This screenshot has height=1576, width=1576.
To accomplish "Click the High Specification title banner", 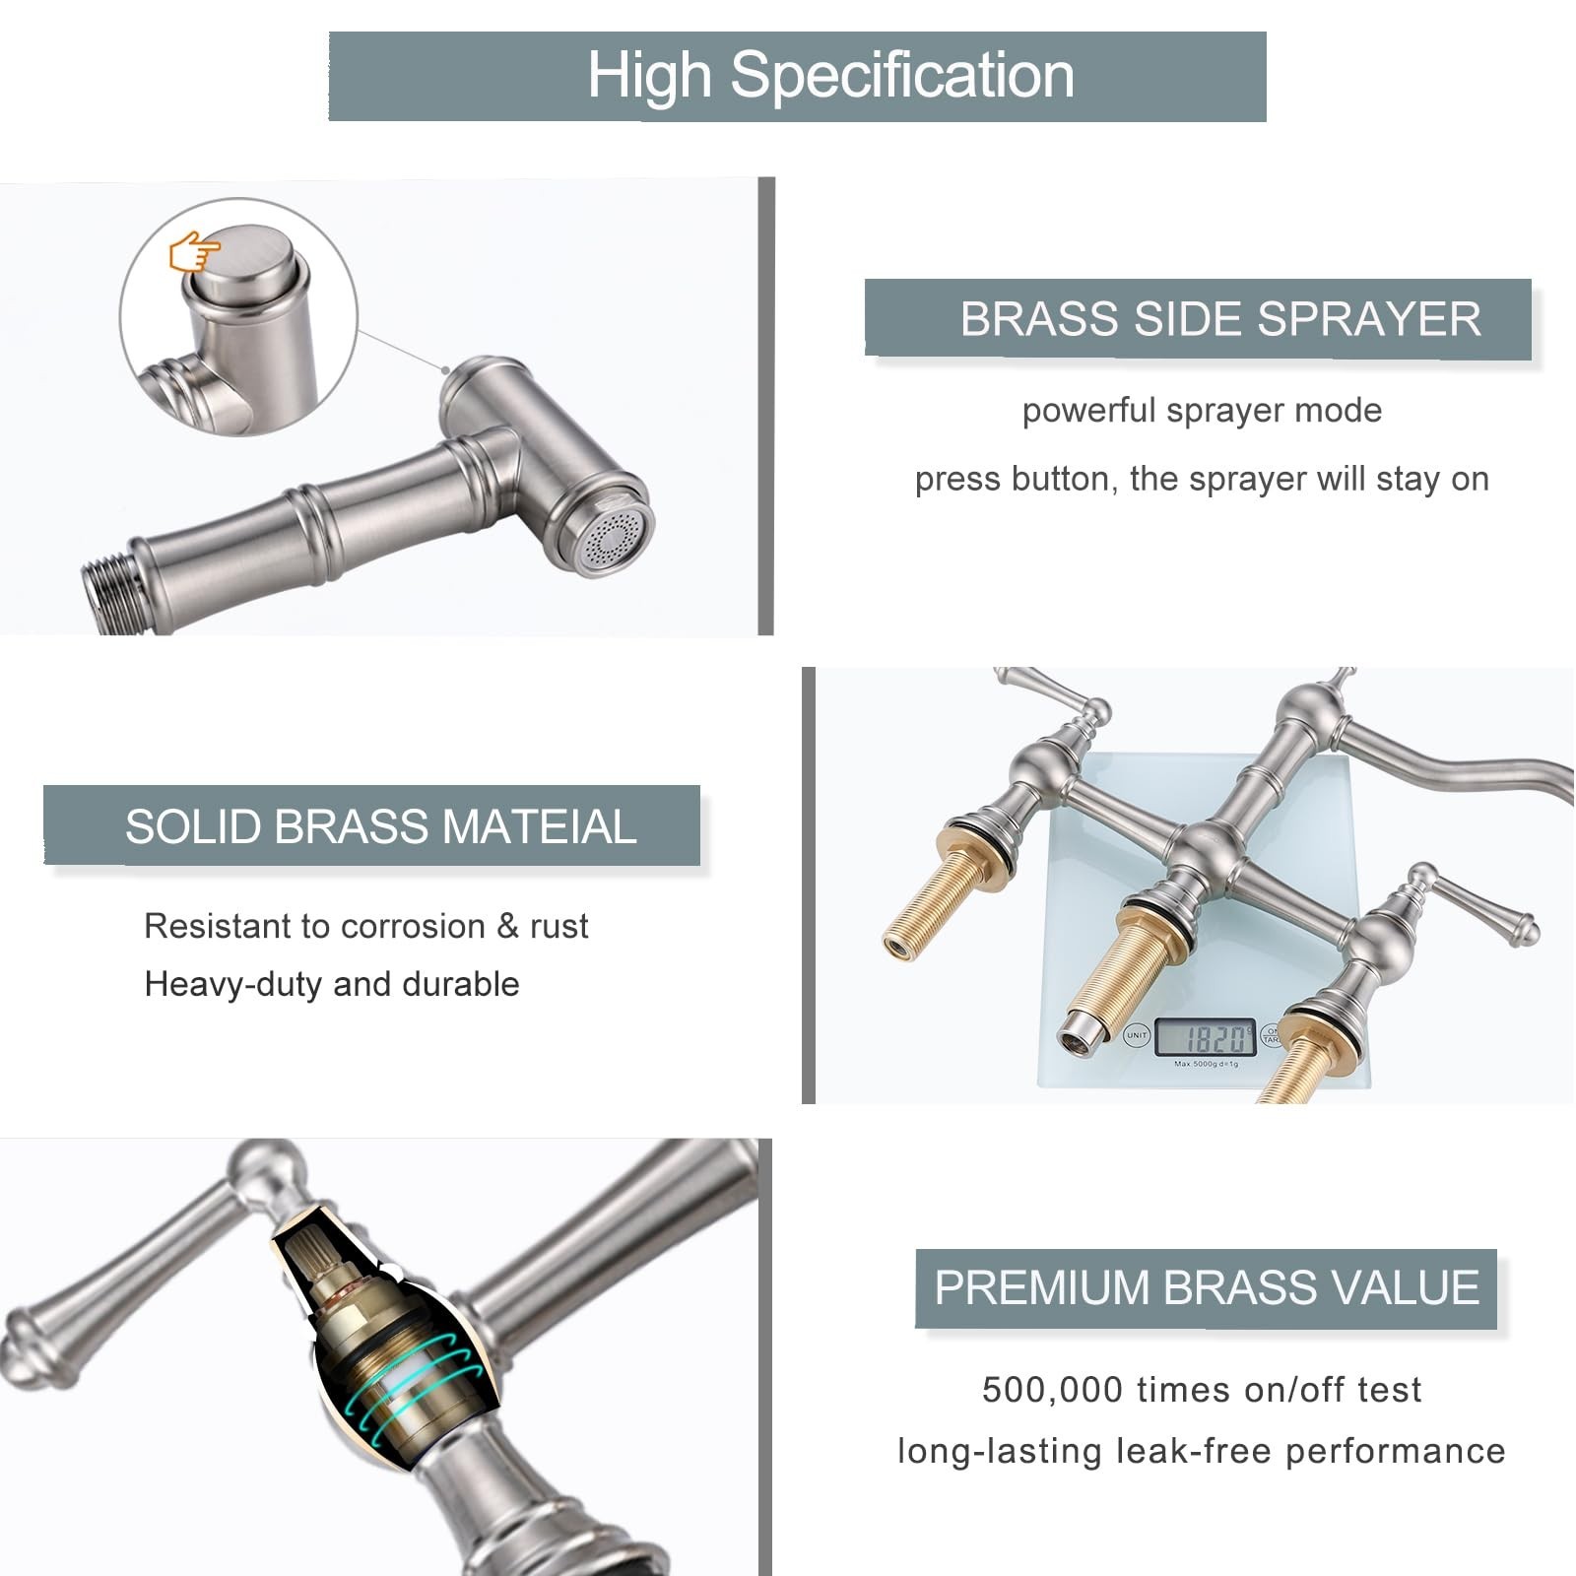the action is pos(797,76).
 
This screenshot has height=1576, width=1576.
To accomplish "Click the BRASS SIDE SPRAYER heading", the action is pos(1220,319).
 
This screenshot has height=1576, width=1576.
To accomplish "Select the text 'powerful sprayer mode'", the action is pos(1202,411).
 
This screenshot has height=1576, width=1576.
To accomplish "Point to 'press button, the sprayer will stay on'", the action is pos(1202,479).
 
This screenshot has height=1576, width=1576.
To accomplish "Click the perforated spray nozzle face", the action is pos(615,538).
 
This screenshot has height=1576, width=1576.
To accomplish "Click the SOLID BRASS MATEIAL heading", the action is pos(381,826).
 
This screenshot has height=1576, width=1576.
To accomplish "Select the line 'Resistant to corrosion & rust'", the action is pos(366,926).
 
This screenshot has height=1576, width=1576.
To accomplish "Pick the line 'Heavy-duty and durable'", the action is pos(332,984).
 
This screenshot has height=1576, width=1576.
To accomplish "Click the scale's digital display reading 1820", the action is pos(1206,1037).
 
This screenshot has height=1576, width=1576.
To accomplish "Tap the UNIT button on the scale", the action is pos(1137,1035).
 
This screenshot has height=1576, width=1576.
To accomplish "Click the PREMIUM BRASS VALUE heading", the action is pos(1207,1287).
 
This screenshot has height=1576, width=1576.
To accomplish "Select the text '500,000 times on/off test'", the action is pos(1202,1390).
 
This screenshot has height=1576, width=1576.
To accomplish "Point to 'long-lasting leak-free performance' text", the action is pos(1202,1451).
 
